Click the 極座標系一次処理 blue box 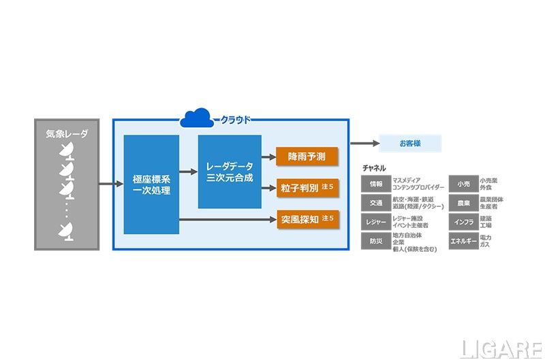(x=151, y=184)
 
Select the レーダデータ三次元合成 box (x=230, y=171)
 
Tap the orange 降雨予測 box (x=307, y=157)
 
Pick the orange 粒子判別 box (x=307, y=187)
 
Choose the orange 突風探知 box (x=307, y=220)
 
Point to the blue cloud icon (x=197, y=118)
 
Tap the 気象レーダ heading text (x=66, y=134)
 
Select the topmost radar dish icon (x=67, y=151)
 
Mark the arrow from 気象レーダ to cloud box (x=105, y=184)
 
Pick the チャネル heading (x=374, y=168)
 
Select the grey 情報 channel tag (x=376, y=184)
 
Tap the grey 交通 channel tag (x=376, y=203)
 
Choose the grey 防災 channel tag (x=376, y=241)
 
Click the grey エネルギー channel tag (x=463, y=241)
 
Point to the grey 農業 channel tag (x=463, y=203)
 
